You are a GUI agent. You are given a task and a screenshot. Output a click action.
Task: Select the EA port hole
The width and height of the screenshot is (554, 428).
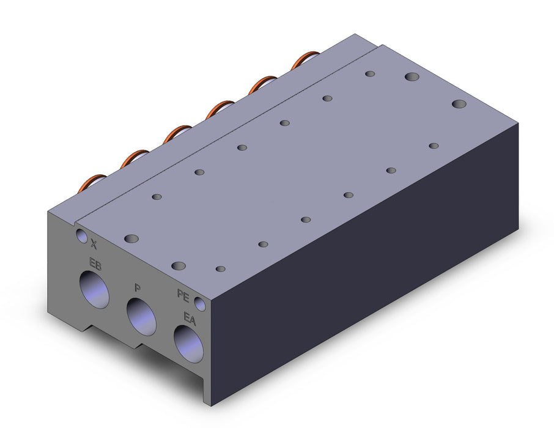[x=188, y=344]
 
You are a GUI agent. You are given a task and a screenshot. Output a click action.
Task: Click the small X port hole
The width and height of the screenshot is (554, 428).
[x=81, y=236]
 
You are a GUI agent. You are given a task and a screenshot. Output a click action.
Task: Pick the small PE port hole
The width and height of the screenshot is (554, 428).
[x=200, y=304]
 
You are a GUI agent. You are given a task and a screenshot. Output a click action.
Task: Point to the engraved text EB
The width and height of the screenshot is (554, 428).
[x=95, y=264]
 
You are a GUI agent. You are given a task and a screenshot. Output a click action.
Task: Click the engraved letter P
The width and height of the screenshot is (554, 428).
[x=138, y=288]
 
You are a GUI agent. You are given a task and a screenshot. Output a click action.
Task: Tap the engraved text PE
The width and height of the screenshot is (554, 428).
[x=183, y=295]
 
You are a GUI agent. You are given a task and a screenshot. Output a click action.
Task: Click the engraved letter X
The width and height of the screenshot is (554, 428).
[x=94, y=243]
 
